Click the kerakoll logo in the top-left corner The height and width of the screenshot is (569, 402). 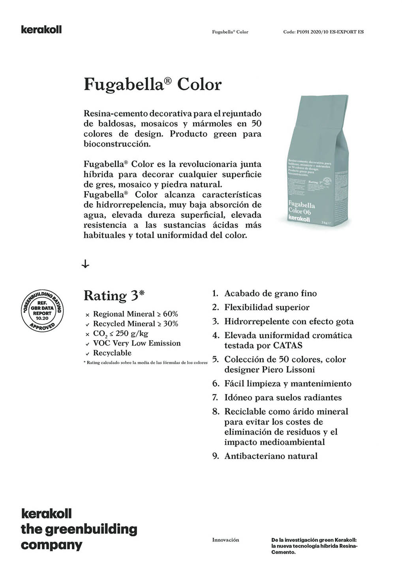[x=41, y=30]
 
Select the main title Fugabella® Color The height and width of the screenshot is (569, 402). [x=152, y=85]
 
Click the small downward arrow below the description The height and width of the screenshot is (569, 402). [x=85, y=264]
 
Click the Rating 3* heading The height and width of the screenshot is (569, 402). [x=114, y=295]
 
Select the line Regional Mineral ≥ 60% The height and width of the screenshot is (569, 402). [x=135, y=314]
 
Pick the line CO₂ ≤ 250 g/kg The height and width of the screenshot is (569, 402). [x=120, y=333]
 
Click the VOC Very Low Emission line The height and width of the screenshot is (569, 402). [x=137, y=343]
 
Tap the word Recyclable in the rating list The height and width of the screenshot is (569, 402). [x=112, y=353]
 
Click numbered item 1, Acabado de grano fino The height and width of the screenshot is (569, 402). [x=270, y=293]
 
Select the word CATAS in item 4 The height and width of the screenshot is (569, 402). [x=287, y=345]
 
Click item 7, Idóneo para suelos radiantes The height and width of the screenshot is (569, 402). [x=283, y=398]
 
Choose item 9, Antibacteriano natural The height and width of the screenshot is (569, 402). [x=271, y=456]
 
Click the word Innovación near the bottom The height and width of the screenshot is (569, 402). [x=225, y=540]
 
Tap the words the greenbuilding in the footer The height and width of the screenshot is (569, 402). [x=79, y=529]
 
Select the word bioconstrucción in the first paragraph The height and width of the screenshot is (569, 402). [x=117, y=144]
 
